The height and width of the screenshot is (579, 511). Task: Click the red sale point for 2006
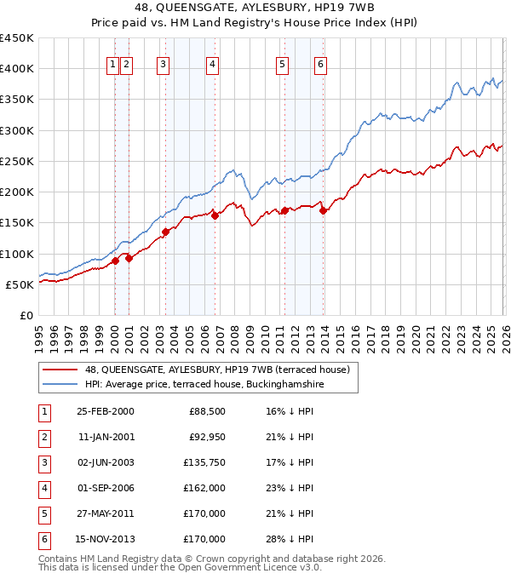215,215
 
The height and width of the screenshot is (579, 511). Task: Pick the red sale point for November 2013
324,211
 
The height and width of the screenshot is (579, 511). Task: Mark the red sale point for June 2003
165,232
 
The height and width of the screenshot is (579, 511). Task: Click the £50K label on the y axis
20,284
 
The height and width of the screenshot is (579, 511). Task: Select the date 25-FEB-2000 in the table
105,411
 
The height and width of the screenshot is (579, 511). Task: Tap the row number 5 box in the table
43,513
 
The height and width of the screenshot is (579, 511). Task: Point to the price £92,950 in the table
206,437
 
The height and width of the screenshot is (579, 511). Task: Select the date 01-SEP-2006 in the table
105,488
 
